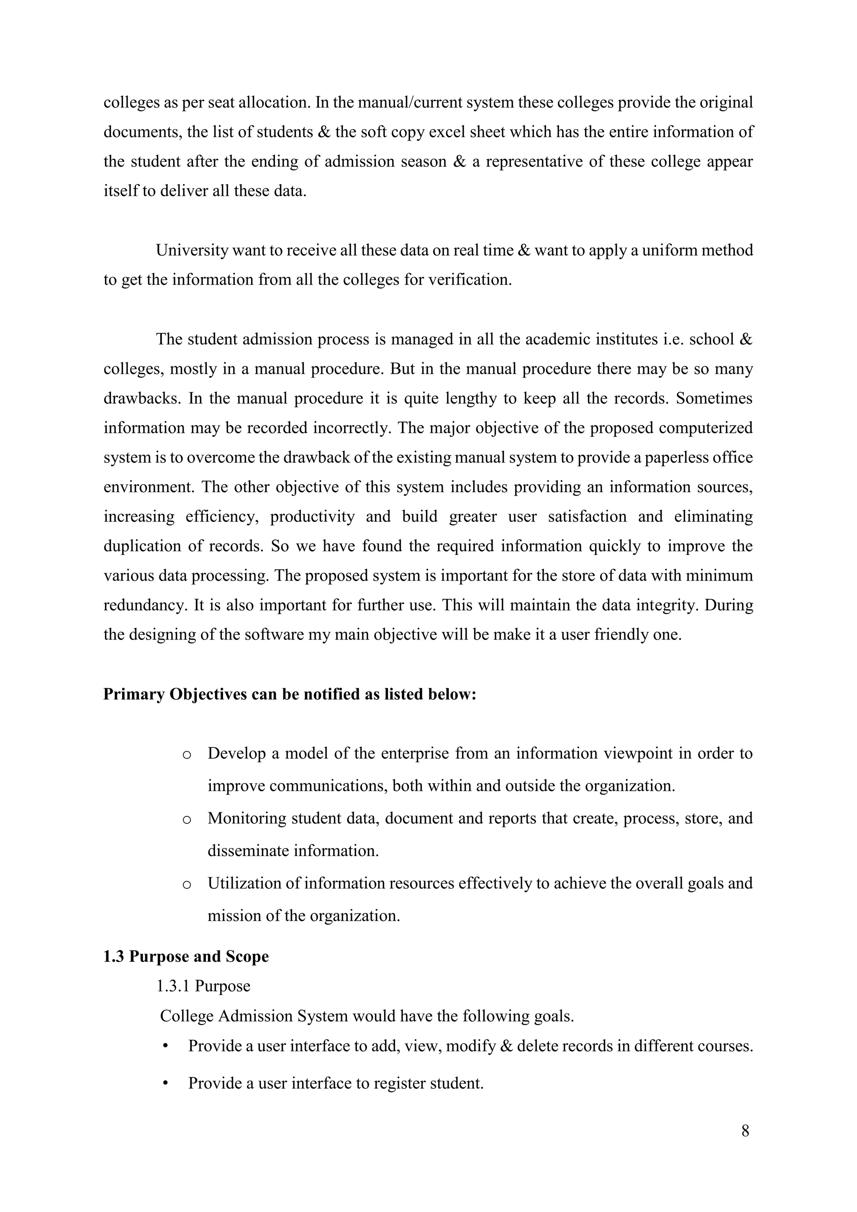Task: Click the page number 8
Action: (x=745, y=1131)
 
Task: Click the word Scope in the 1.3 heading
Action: (x=247, y=956)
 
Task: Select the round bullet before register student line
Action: (x=165, y=1083)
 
